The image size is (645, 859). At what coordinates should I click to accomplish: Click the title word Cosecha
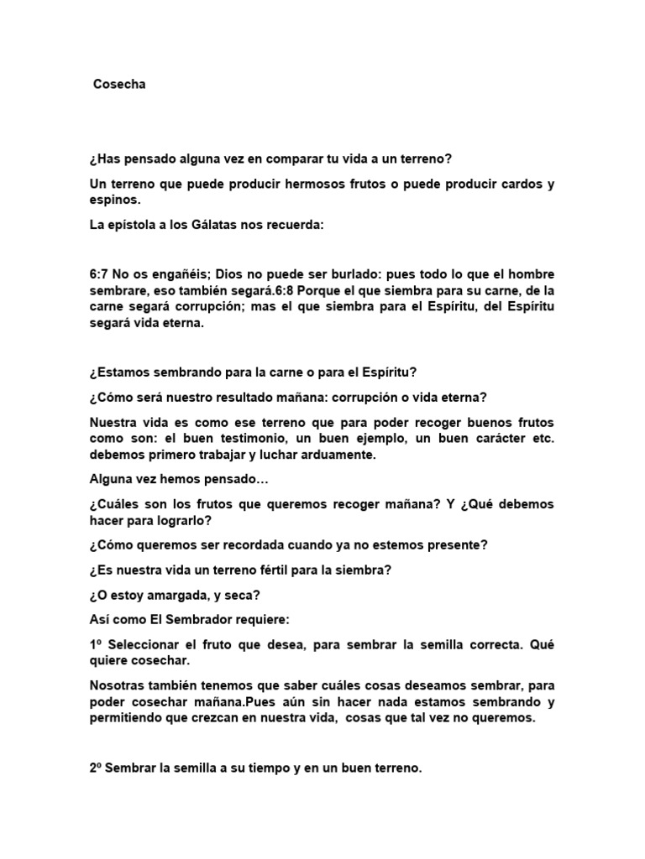click(119, 85)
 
